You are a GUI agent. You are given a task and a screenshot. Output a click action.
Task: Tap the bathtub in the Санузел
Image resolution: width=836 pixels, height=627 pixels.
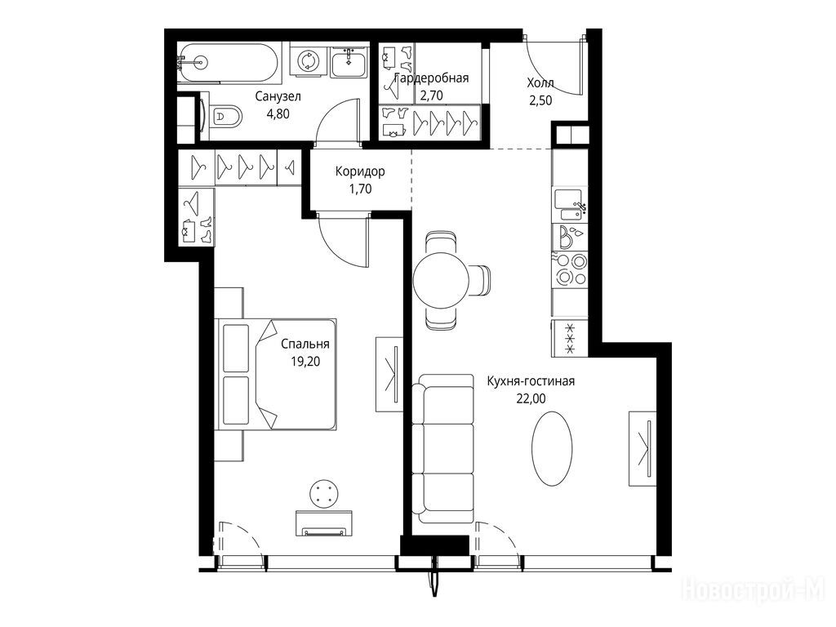coord(229,62)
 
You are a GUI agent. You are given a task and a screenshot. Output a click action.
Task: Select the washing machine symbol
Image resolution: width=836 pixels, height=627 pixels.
coord(308,60)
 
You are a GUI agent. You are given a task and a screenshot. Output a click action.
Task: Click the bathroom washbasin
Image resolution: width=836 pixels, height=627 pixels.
coord(349,62)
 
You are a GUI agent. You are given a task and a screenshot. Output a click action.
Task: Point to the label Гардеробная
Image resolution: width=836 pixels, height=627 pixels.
coord(431,78)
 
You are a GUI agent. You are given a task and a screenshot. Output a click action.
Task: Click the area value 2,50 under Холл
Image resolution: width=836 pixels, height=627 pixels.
coord(540,100)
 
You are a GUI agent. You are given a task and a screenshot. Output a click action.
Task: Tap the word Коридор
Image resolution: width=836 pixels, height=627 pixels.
coord(360,171)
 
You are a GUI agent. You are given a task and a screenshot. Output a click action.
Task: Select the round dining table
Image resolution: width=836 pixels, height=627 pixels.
coord(441,279)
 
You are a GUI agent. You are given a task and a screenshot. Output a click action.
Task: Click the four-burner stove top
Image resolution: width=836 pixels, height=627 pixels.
coord(571,269)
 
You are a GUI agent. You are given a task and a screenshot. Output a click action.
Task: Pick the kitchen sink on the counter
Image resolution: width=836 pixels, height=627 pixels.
coord(568,204)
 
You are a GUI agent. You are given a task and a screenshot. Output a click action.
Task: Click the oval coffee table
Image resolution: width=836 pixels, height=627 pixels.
coord(552,448)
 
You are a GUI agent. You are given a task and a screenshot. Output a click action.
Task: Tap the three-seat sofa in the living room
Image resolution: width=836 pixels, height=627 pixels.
coord(443,449)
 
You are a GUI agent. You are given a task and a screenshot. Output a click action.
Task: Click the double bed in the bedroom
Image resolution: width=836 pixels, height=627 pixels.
coord(276,374)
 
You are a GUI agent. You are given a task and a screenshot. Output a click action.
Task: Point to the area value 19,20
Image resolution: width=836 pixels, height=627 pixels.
coord(305,362)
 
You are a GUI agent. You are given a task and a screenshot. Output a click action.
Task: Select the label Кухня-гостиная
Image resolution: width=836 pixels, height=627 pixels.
coord(531,381)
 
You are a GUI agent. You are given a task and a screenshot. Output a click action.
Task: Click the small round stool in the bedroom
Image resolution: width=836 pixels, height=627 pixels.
coord(324,493)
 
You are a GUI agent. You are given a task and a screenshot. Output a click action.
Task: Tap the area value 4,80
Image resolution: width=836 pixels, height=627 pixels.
coord(278,113)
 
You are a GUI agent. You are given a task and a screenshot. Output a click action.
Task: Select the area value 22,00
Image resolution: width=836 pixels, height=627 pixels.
coord(531,398)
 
